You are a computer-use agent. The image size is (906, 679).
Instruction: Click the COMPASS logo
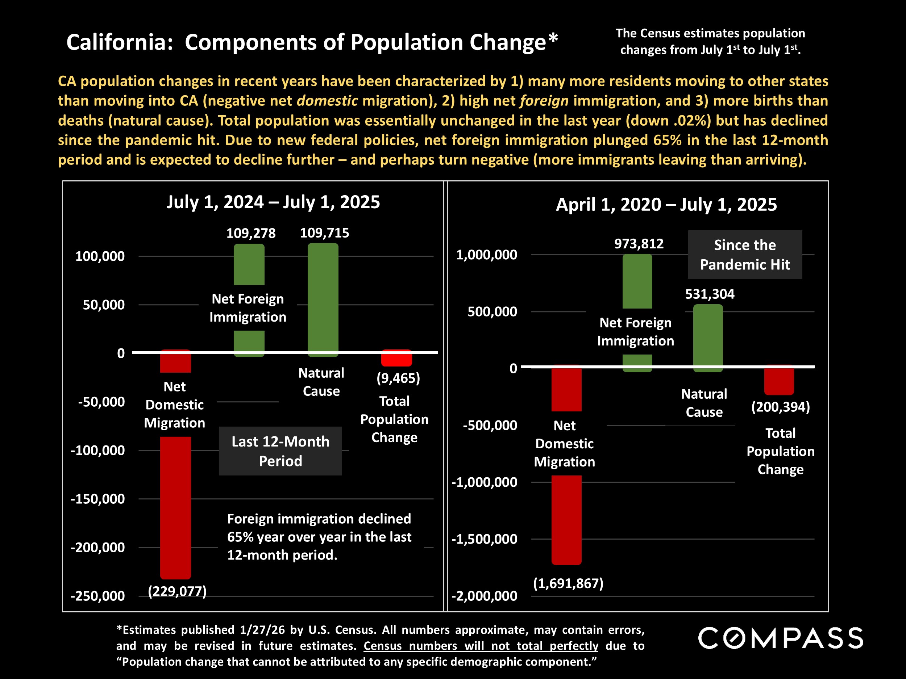click(781, 638)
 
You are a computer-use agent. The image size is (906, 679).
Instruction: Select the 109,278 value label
click(251, 233)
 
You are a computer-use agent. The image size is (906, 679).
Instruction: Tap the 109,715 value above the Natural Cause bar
click(324, 233)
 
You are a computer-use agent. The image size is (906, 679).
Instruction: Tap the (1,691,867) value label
click(568, 583)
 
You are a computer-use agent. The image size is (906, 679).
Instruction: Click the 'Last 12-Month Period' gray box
click(280, 451)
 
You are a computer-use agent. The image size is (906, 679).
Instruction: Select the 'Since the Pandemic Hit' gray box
click(745, 255)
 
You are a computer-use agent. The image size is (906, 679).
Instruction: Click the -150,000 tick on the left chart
click(97, 499)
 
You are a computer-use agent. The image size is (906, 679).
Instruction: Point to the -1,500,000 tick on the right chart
click(484, 539)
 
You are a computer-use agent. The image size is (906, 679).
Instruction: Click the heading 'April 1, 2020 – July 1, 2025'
click(666, 205)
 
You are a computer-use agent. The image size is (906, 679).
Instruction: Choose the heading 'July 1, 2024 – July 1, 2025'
click(273, 202)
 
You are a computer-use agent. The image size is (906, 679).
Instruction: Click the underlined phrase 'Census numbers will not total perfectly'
click(481, 646)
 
